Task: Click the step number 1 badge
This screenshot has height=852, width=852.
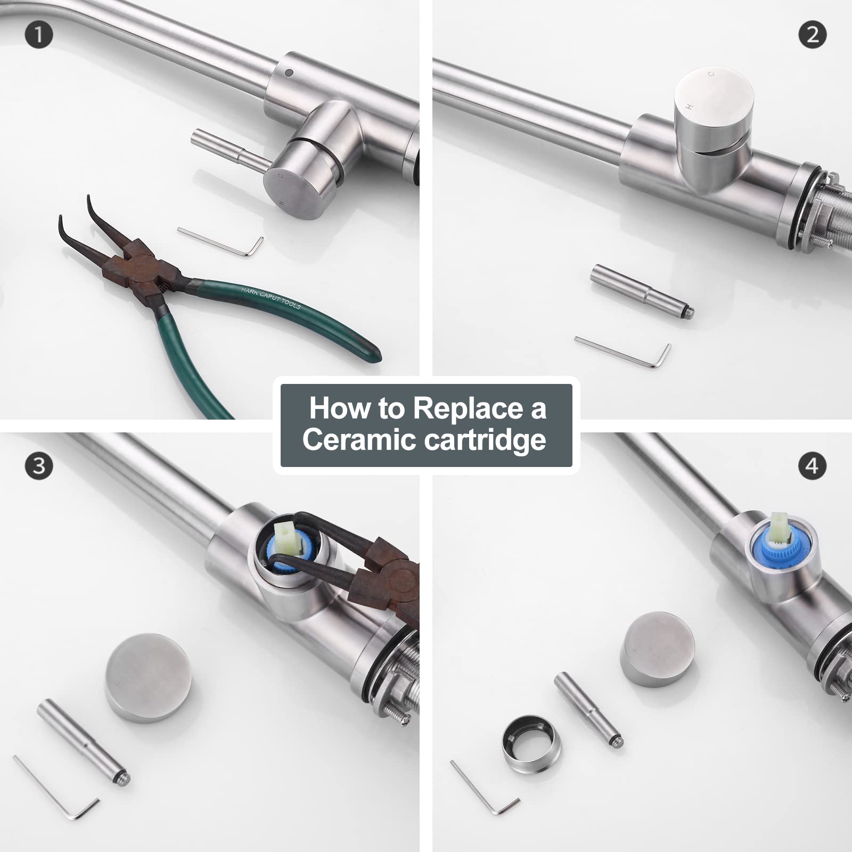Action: coord(39,35)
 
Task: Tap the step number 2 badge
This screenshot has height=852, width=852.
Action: coord(813,35)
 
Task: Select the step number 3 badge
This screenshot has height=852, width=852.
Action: coord(39,466)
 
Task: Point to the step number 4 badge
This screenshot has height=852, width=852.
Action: coord(813,466)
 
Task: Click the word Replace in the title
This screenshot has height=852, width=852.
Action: coord(468,408)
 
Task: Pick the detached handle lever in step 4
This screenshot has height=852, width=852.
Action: coord(588,710)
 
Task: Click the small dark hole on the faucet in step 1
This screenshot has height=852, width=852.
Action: coord(289,72)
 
